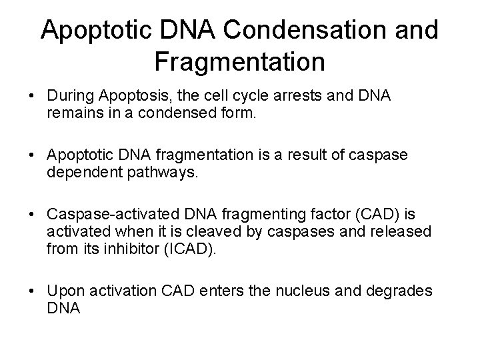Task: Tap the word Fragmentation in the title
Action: pos(239,63)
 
